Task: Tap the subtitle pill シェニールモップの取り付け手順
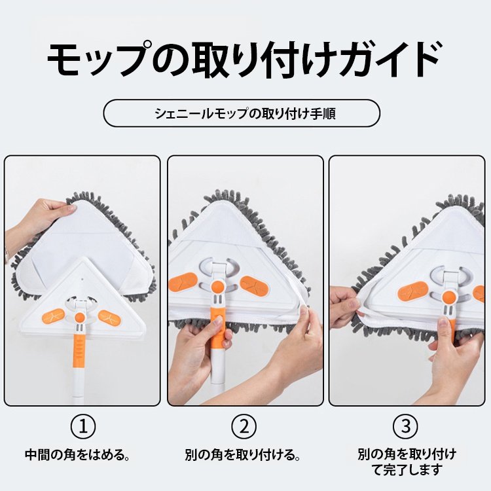point(242,113)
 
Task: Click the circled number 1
point(82,427)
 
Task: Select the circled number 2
point(244,427)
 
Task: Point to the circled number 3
point(405,427)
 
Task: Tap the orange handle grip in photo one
point(79,350)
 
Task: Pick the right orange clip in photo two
point(252,284)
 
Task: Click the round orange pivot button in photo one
point(79,318)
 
